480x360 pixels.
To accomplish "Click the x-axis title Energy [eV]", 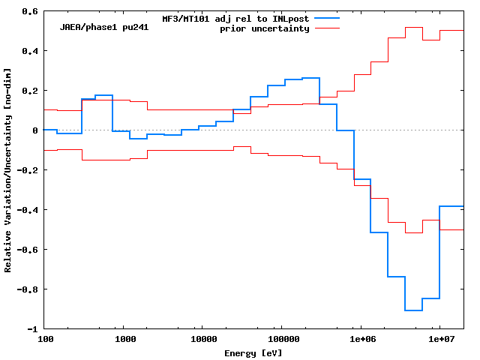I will pyautogui.click(x=253, y=352).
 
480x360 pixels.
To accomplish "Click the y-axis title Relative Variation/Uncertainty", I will pyautogui.click(x=8, y=169).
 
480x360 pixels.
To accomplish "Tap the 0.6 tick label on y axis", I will pyautogui.click(x=31, y=11).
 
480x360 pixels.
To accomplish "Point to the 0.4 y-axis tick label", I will pyautogui.click(x=31, y=51).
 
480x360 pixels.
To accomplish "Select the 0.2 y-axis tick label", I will pyautogui.click(x=31, y=91).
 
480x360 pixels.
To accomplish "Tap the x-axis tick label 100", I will pyautogui.click(x=45, y=339).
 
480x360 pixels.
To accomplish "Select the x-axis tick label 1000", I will pyautogui.click(x=124, y=339).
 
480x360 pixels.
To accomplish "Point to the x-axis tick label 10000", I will pyautogui.click(x=203, y=339).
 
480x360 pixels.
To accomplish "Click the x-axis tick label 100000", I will pyautogui.click(x=282, y=339).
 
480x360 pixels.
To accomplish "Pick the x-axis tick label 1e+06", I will pyautogui.click(x=361, y=339).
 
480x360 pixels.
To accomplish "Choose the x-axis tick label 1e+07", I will pyautogui.click(x=439, y=339).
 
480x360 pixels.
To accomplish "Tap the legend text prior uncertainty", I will pyautogui.click(x=264, y=28).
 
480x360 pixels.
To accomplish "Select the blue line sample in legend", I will pyautogui.click(x=328, y=17).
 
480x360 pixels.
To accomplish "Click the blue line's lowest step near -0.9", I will pyautogui.click(x=413, y=310).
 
